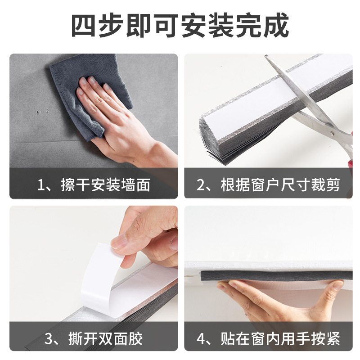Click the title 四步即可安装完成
tap(180, 26)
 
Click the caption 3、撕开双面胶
tap(94, 338)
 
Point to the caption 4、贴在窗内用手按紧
tap(269, 338)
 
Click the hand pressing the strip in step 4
tap(279, 299)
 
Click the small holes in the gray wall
tap(41, 111)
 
